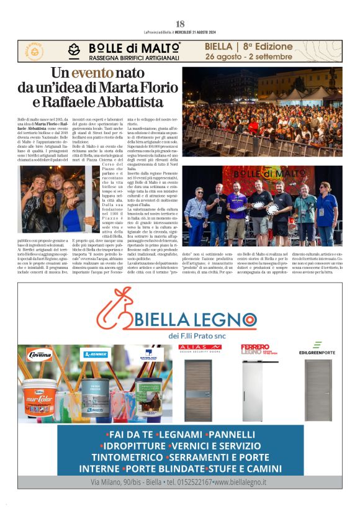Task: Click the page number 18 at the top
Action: pyautogui.click(x=180, y=24)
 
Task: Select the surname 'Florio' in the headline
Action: pyautogui.click(x=142, y=88)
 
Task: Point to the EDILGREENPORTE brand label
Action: pyautogui.click(x=317, y=351)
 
